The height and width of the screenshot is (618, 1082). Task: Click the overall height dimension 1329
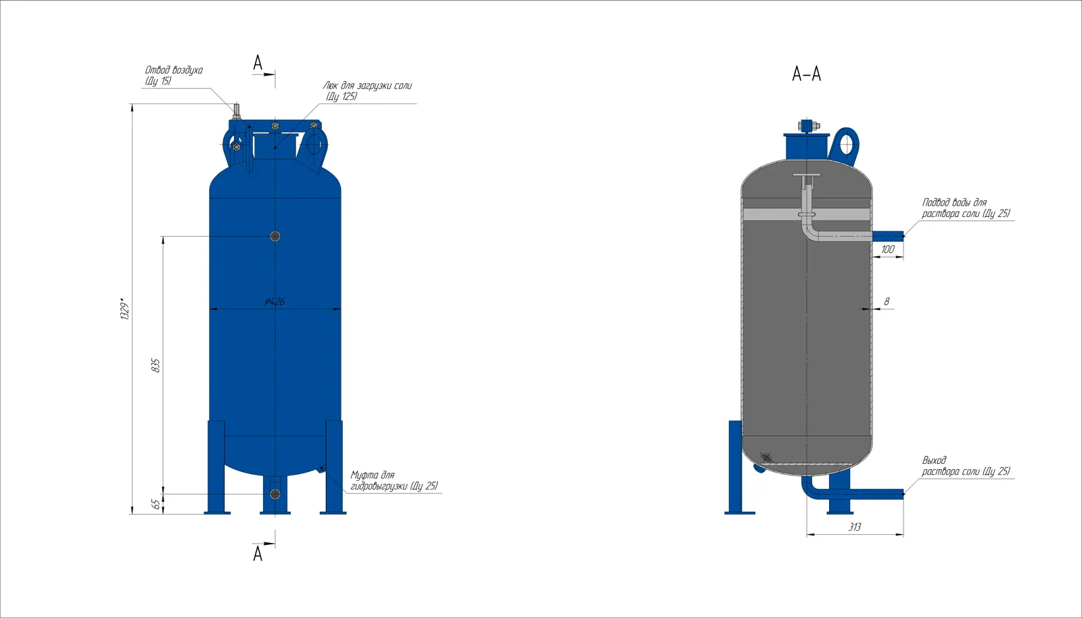point(125,309)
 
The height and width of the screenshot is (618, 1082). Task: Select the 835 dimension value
point(156,365)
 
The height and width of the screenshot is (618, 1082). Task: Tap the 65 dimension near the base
point(156,504)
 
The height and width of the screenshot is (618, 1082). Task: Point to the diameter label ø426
point(275,302)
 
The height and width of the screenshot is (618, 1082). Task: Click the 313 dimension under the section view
point(855,527)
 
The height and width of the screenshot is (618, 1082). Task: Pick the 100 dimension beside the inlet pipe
point(888,249)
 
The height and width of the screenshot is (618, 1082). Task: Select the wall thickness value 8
point(887,302)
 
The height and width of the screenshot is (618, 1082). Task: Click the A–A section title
point(806,74)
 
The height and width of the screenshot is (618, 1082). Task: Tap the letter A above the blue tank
point(258,63)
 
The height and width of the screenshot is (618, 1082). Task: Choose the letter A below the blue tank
point(258,553)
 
